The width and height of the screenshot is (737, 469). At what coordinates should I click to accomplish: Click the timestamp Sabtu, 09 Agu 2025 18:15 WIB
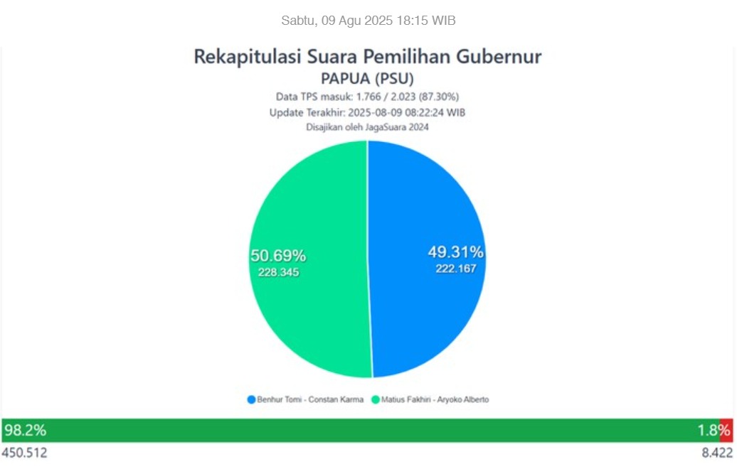tap(368, 21)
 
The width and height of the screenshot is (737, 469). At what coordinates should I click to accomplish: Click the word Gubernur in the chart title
tap(499, 56)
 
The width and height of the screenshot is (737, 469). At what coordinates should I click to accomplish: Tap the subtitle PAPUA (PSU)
tap(367, 78)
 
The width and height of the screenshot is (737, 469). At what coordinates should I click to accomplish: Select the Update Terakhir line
tap(367, 113)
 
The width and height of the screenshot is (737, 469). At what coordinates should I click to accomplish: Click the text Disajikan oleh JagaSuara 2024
tap(367, 126)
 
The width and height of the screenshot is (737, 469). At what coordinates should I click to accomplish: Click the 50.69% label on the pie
tap(278, 255)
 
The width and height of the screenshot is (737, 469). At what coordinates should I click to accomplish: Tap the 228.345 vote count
tap(278, 272)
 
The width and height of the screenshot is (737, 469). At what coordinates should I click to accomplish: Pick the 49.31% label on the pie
tap(455, 252)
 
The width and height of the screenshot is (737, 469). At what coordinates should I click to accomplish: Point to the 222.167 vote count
tap(455, 269)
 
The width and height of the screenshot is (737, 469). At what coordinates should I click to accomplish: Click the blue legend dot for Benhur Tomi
tap(251, 399)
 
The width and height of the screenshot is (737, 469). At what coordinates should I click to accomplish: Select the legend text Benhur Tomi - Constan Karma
tap(310, 399)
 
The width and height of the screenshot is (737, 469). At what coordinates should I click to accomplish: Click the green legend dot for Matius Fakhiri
tap(376, 399)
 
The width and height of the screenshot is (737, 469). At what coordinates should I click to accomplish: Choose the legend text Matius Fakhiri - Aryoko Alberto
tap(435, 399)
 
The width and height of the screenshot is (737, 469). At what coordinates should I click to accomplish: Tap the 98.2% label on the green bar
tap(26, 430)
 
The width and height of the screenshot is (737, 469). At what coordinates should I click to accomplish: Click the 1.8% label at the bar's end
tap(714, 430)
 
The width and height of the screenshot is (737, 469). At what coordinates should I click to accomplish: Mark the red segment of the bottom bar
tap(726, 431)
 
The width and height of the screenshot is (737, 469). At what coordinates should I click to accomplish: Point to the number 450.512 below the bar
tap(24, 453)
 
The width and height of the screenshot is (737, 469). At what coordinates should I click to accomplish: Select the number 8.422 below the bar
tap(717, 453)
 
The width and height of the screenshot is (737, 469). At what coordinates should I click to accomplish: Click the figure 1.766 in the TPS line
tap(368, 97)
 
